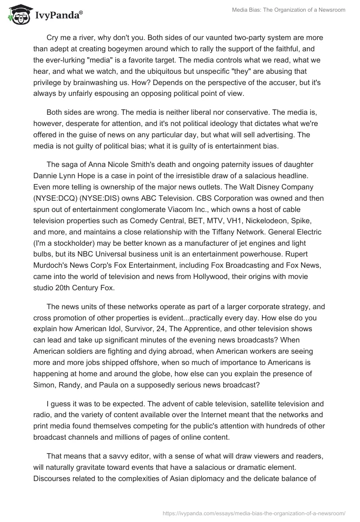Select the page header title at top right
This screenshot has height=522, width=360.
(288, 10)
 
